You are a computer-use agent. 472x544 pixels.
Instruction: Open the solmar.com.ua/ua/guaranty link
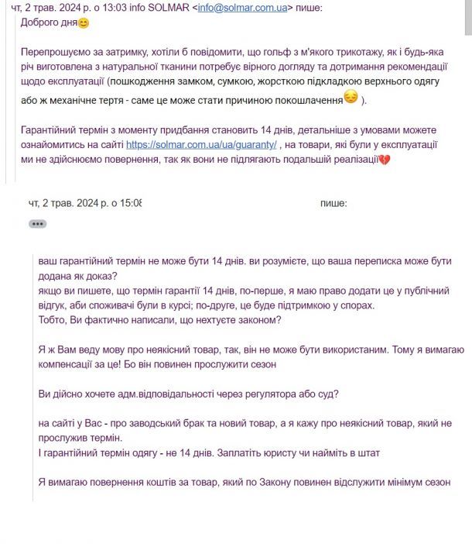tap(201, 144)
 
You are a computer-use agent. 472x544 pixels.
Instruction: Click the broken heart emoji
tap(382, 159)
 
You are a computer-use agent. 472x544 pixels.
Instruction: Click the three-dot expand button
tap(37, 223)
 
